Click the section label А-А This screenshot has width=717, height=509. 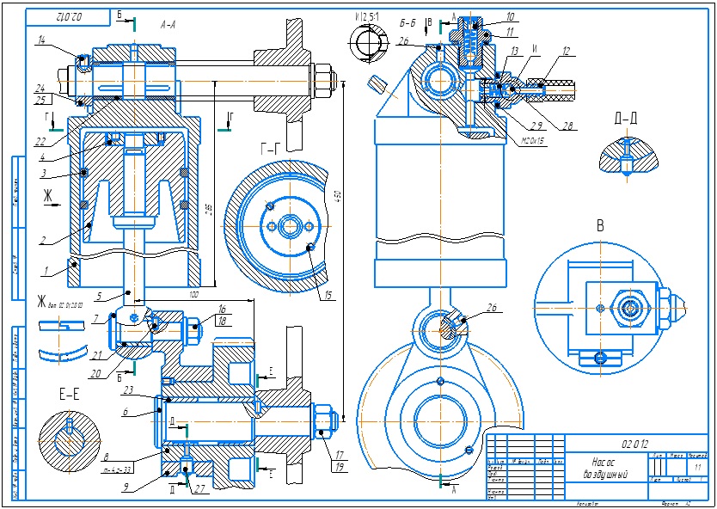tap(168, 26)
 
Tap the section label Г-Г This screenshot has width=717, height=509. tap(269, 148)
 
